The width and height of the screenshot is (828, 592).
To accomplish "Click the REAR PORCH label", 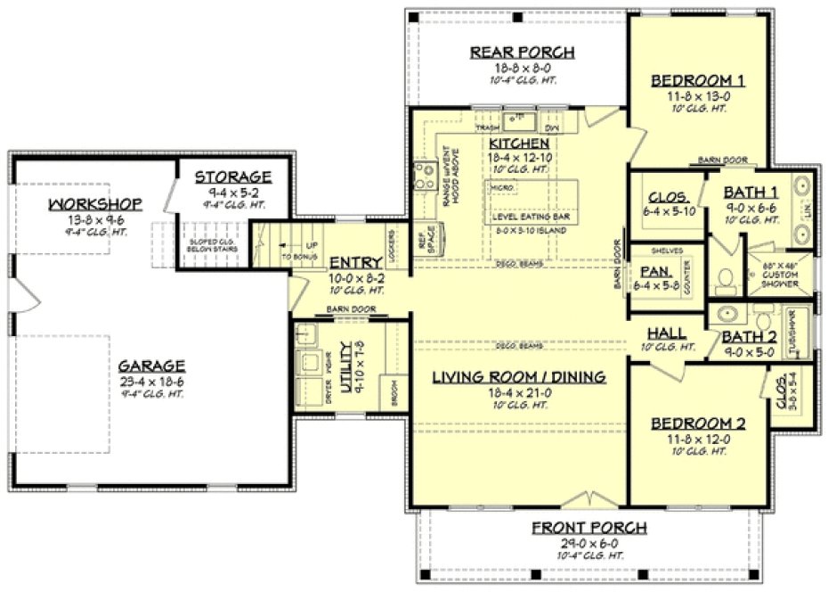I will pyautogui.click(x=522, y=53).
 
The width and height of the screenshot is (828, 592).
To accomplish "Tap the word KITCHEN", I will pyautogui.click(x=518, y=144).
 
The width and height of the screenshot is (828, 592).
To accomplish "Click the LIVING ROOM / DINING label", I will pyautogui.click(x=519, y=377).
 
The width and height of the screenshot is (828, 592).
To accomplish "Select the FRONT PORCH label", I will pyautogui.click(x=589, y=528).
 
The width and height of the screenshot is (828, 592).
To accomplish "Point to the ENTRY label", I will pyautogui.click(x=356, y=263).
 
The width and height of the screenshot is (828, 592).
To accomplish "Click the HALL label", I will pyautogui.click(x=666, y=333).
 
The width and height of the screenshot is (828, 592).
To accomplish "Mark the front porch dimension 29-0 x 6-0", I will pyautogui.click(x=589, y=542).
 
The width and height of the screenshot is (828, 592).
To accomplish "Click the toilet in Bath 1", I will pyautogui.click(x=725, y=279).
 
